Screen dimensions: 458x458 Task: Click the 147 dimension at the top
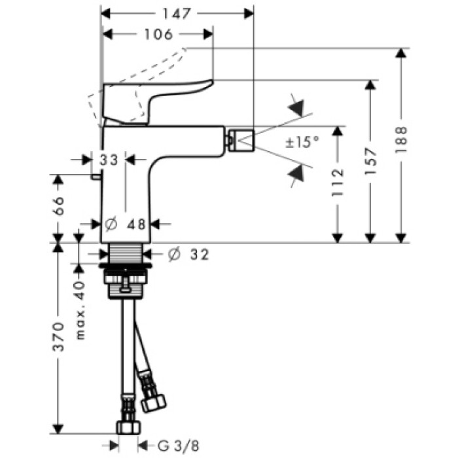click(178, 12)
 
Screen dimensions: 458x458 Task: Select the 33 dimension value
click(109, 159)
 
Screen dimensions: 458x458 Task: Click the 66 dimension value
click(58, 205)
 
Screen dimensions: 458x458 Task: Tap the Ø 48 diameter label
click(126, 224)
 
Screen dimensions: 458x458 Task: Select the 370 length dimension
click(58, 336)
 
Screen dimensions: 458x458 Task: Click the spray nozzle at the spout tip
click(239, 140)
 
